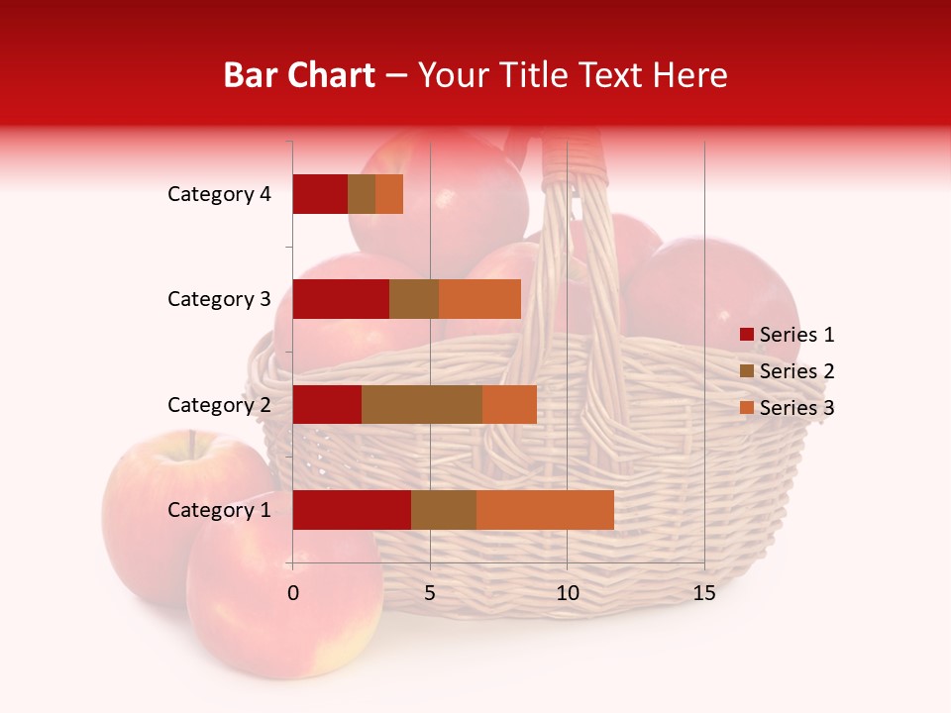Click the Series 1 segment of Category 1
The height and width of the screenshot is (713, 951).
pyautogui.click(x=352, y=510)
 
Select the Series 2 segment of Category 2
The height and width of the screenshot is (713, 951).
pyautogui.click(x=422, y=404)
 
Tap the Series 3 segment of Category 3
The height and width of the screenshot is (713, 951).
pyautogui.click(x=479, y=299)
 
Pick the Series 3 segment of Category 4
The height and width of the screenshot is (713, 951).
pyautogui.click(x=389, y=194)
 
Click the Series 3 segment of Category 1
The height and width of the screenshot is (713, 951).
pyautogui.click(x=545, y=510)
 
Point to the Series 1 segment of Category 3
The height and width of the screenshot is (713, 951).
pyautogui.click(x=341, y=299)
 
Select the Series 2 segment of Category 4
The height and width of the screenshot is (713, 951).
pyautogui.click(x=362, y=194)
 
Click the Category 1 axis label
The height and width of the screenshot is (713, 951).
pyautogui.click(x=219, y=510)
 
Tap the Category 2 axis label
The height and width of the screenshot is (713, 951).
pyautogui.click(x=219, y=404)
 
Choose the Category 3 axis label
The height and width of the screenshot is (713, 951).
pyautogui.click(x=219, y=299)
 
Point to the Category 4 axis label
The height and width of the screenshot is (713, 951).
pyautogui.click(x=219, y=194)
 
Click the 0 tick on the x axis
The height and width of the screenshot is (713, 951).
pyautogui.click(x=293, y=593)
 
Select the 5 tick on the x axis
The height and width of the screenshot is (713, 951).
pyautogui.click(x=430, y=593)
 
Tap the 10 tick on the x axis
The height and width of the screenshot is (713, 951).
pyautogui.click(x=567, y=593)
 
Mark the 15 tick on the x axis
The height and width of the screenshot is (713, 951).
pyautogui.click(x=704, y=593)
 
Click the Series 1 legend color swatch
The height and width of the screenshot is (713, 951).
pyautogui.click(x=746, y=335)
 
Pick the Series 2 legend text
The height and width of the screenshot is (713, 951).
pyautogui.click(x=796, y=371)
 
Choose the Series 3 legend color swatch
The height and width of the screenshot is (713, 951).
pyautogui.click(x=746, y=408)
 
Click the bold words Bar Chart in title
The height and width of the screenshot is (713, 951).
pyautogui.click(x=299, y=75)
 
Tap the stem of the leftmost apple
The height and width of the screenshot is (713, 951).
pyautogui.click(x=192, y=443)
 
